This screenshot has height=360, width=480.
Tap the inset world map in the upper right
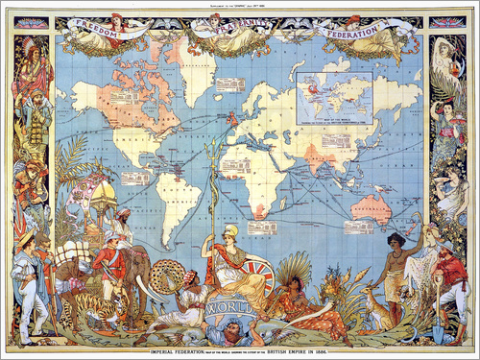[335, 99]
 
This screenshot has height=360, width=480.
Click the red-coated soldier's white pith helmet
[114, 235]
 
